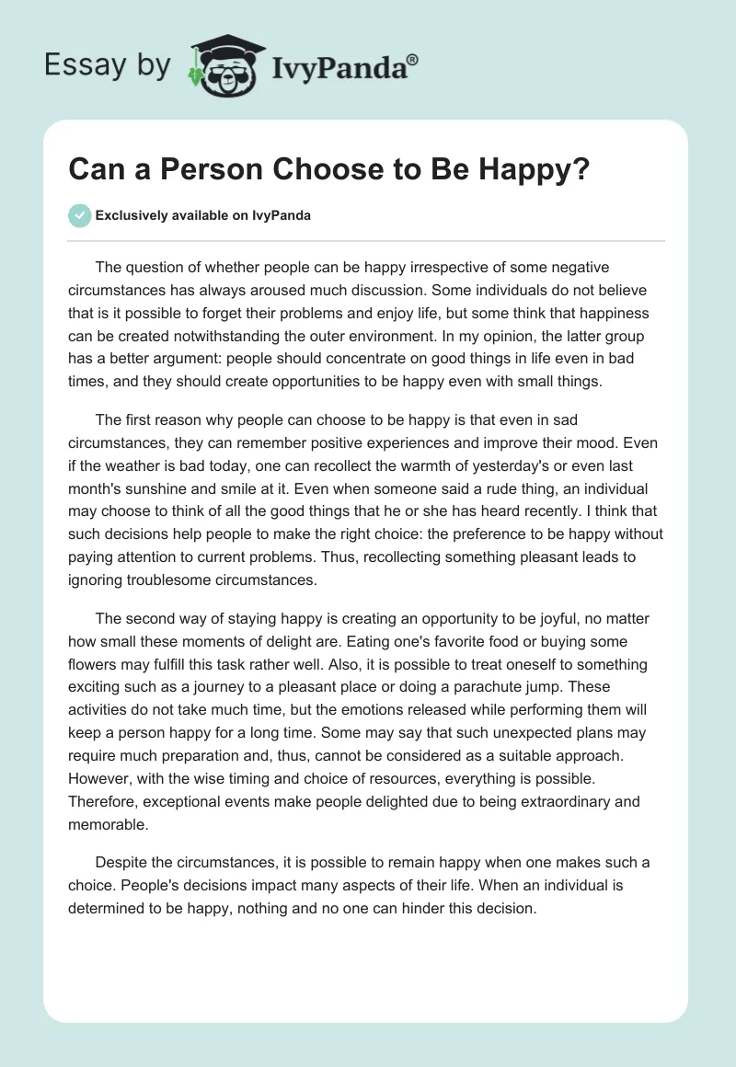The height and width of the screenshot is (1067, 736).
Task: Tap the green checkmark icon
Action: [80, 216]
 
